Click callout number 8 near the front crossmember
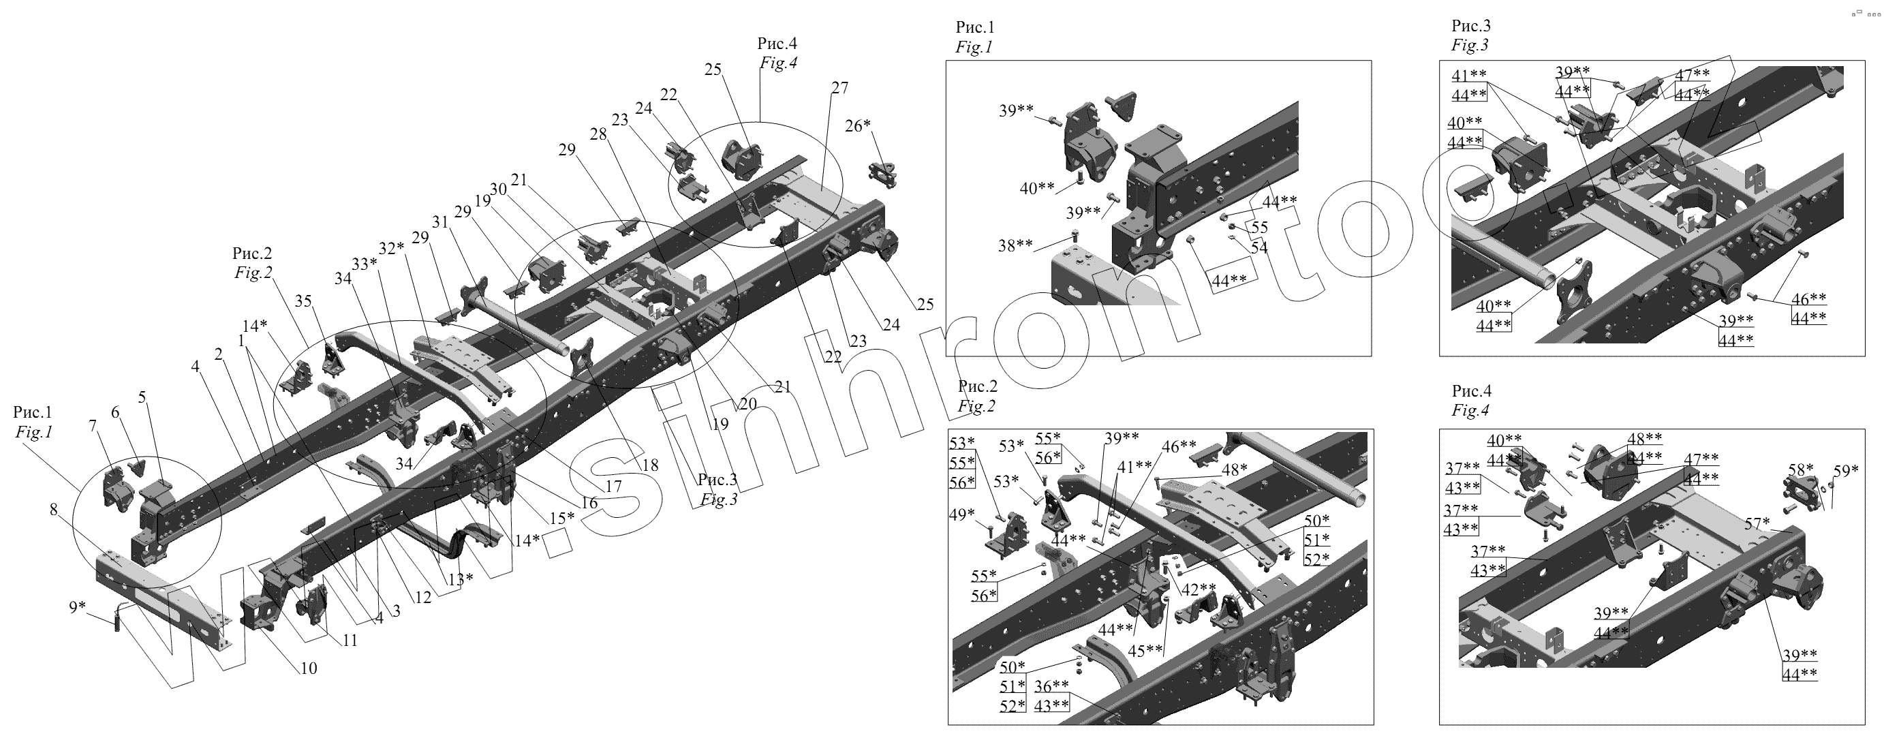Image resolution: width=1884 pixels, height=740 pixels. pyautogui.click(x=53, y=510)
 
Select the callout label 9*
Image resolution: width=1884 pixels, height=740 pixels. pyautogui.click(x=78, y=607)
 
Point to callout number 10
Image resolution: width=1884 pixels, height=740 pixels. pyautogui.click(x=309, y=668)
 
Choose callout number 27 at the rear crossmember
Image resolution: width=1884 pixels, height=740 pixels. pyautogui.click(x=839, y=88)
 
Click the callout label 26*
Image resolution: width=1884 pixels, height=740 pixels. pyautogui.click(x=858, y=126)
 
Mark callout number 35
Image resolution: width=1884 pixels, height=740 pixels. pyautogui.click(x=303, y=301)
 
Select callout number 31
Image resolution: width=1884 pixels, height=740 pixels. pyautogui.click(x=439, y=221)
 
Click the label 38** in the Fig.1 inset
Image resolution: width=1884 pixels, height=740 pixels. pyautogui.click(x=1015, y=246)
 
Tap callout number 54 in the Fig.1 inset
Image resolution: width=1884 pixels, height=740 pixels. pyautogui.click(x=1258, y=248)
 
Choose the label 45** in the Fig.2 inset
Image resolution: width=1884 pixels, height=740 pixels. pyautogui.click(x=1145, y=650)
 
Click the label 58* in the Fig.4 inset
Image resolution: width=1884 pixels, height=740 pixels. pyautogui.click(x=1801, y=469)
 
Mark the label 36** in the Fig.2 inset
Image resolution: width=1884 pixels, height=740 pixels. pyautogui.click(x=1052, y=686)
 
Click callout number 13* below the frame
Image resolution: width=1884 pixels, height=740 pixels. pyautogui.click(x=461, y=579)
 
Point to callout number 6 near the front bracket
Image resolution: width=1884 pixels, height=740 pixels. pyautogui.click(x=115, y=412)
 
